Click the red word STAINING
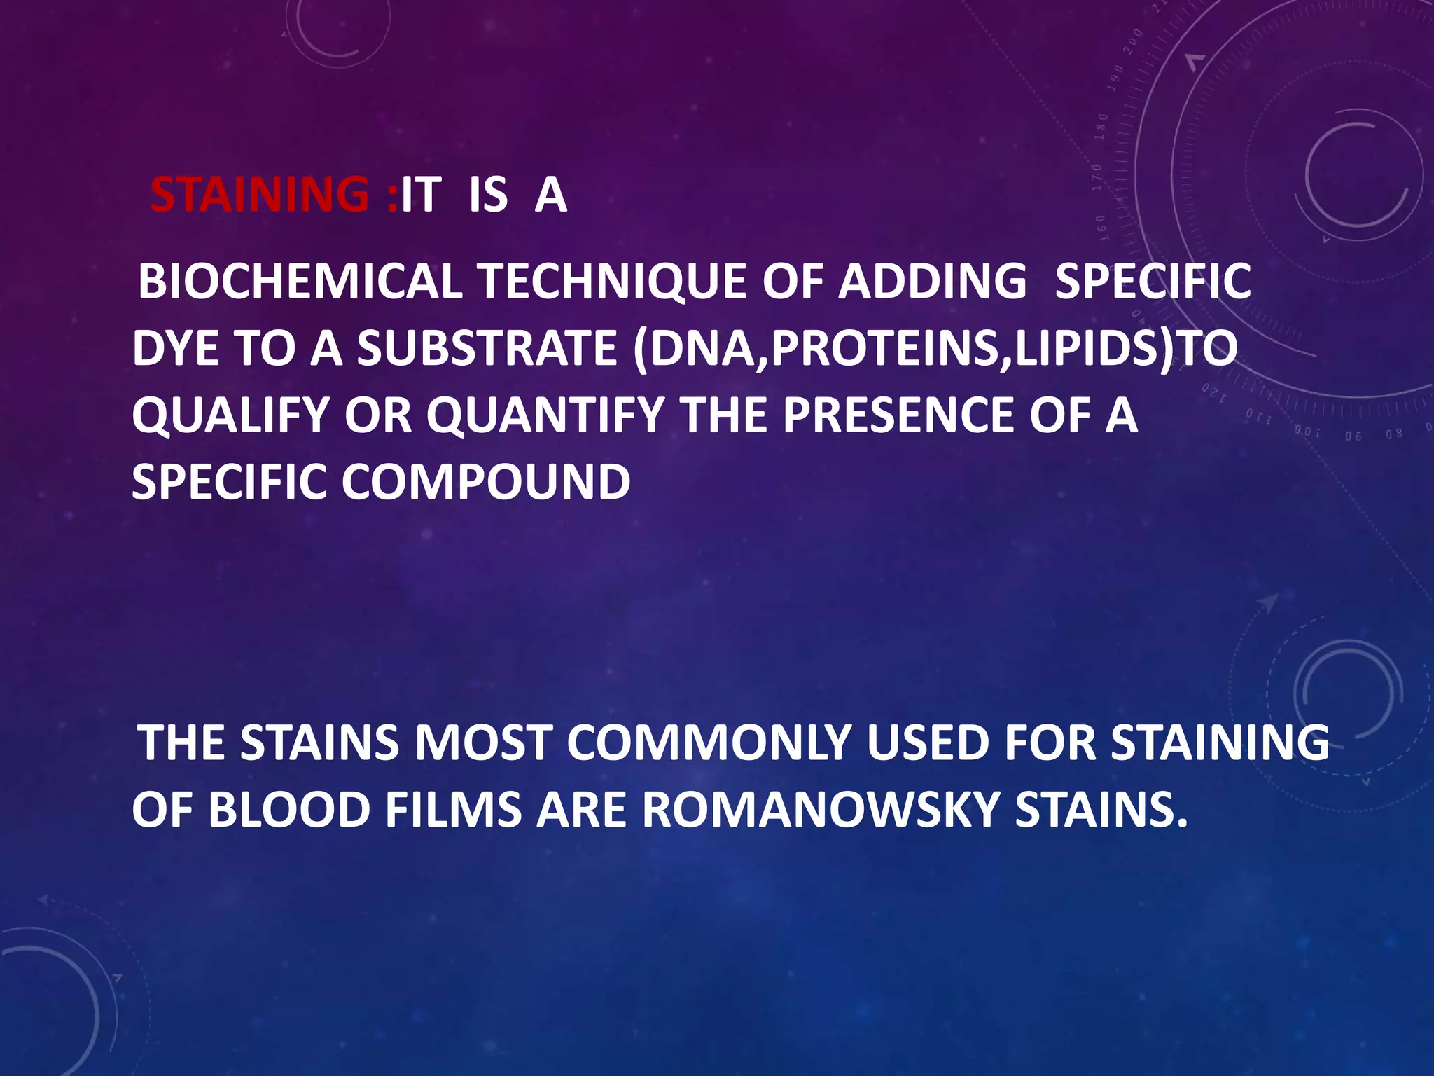[x=259, y=195]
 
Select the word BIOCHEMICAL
[x=300, y=282]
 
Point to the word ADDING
[x=933, y=282]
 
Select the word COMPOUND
[x=486, y=483]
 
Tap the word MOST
[x=483, y=743]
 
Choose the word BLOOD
[x=288, y=810]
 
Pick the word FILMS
[x=453, y=810]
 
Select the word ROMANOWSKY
[x=820, y=810]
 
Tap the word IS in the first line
[x=488, y=195]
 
